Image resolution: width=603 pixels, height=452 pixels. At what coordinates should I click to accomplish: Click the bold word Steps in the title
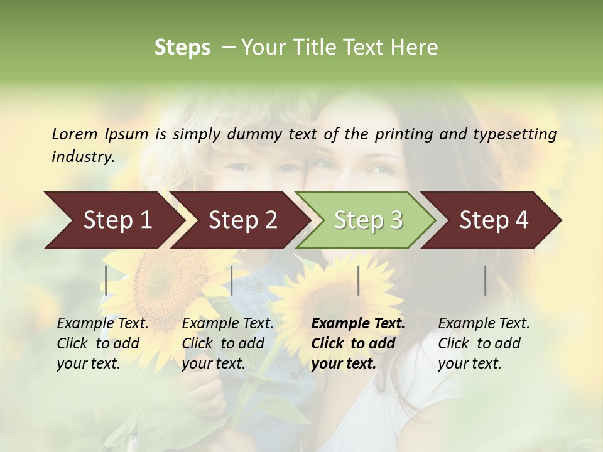click(182, 48)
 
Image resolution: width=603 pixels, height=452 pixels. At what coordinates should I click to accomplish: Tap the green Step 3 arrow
click(368, 220)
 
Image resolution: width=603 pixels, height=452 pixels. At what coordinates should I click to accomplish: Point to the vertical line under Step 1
click(106, 280)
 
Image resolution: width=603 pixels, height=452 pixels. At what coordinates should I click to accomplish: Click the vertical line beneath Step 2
click(232, 280)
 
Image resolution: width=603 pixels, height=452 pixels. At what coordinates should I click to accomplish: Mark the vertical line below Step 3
click(358, 280)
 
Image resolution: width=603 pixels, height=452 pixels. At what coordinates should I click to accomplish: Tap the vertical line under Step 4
click(486, 280)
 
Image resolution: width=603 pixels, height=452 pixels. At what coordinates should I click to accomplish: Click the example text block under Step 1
click(102, 343)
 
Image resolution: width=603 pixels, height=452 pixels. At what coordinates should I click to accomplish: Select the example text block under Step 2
click(227, 343)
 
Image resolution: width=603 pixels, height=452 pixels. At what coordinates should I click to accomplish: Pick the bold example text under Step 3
click(358, 343)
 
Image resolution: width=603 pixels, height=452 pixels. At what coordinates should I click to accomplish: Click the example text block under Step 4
click(484, 343)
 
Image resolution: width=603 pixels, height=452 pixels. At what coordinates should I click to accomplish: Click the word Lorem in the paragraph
click(75, 134)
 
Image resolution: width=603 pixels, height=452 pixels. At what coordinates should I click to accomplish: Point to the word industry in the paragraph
click(83, 157)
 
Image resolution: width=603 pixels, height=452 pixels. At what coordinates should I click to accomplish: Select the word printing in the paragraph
click(404, 134)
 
